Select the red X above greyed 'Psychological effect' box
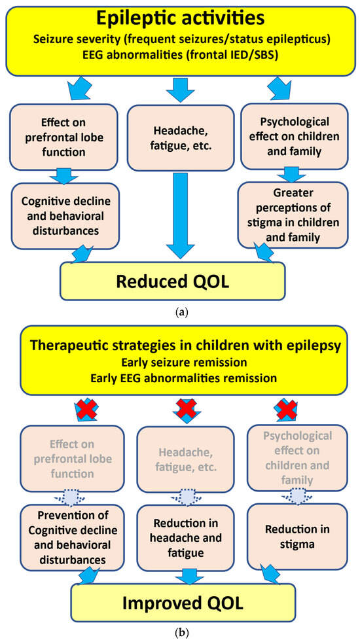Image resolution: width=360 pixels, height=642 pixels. click(x=285, y=412)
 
